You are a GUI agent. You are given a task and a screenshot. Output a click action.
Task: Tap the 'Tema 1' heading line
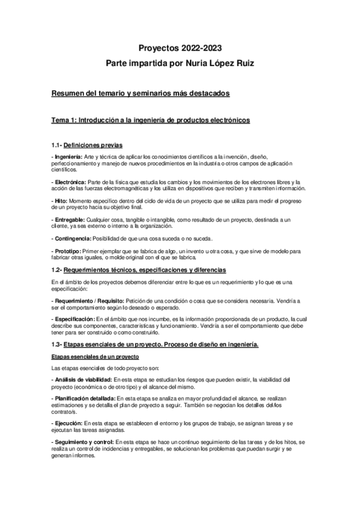pyautogui.click(x=151, y=120)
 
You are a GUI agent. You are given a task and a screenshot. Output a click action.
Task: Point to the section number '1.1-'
pyautogui.click(x=56, y=145)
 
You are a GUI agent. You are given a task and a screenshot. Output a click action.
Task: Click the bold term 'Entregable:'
pyautogui.click(x=69, y=220)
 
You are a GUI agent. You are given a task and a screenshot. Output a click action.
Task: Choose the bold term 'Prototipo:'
pyautogui.click(x=68, y=252)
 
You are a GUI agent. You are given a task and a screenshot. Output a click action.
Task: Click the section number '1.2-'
pyautogui.click(x=57, y=270)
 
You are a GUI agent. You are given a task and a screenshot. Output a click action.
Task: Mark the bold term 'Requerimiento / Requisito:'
pyautogui.click(x=88, y=300)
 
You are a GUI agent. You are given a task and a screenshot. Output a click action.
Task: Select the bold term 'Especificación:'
pyautogui.click(x=74, y=318)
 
